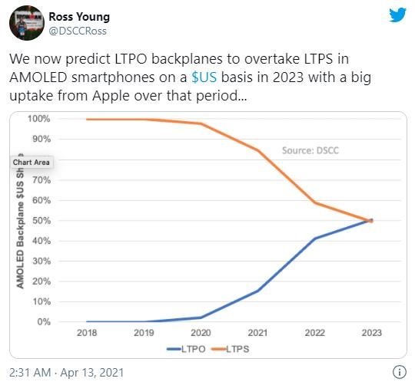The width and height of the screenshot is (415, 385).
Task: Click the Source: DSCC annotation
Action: [x=310, y=150]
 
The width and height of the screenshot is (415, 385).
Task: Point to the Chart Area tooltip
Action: [x=32, y=163]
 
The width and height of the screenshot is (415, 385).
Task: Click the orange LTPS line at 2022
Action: [x=315, y=202]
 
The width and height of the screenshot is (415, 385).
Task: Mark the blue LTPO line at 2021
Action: [x=257, y=291]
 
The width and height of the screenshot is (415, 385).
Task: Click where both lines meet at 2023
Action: [x=370, y=220]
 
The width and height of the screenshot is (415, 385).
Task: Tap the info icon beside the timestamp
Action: [x=398, y=372]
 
